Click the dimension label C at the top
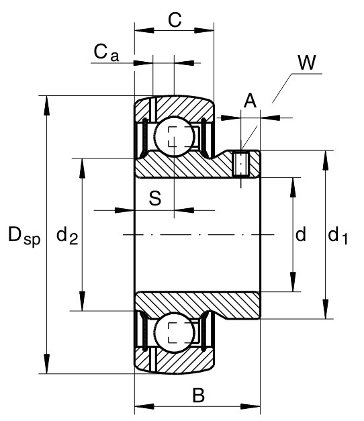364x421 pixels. pyautogui.click(x=175, y=20)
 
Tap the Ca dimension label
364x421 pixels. pyautogui.click(x=106, y=52)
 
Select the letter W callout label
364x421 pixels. pyautogui.click(x=307, y=62)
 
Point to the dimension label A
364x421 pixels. pyautogui.click(x=250, y=101)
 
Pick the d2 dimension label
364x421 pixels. pyautogui.click(x=67, y=236)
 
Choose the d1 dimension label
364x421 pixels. pyautogui.click(x=338, y=236)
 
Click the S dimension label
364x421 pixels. pyautogui.click(x=155, y=198)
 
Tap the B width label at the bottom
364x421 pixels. pyautogui.click(x=199, y=395)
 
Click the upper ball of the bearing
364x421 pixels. pyautogui.click(x=174, y=136)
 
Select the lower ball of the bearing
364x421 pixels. pyautogui.click(x=174, y=332)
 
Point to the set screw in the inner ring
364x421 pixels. pyautogui.click(x=240, y=164)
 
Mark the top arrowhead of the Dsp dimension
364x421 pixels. pyautogui.click(x=47, y=106)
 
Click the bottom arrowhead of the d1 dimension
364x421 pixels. pyautogui.click(x=326, y=309)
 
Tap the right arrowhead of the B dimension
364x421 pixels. pyautogui.click(x=251, y=406)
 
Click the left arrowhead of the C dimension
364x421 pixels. pyautogui.click(x=144, y=30)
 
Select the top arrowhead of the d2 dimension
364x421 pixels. pyautogui.click(x=82, y=169)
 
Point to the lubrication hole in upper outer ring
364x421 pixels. pyautogui.click(x=152, y=109)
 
